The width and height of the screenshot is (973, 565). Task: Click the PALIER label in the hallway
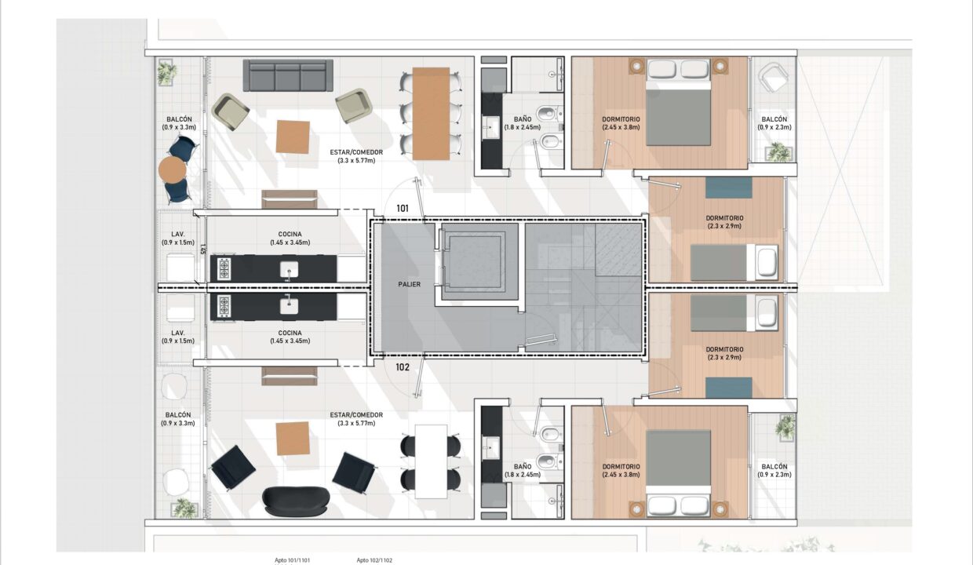point(409,284)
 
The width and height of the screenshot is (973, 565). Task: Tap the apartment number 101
point(403,209)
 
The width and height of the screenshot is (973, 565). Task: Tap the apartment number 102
point(403,367)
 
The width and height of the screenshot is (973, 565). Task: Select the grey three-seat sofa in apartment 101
point(288,75)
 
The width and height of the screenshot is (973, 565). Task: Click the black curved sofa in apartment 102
point(297,501)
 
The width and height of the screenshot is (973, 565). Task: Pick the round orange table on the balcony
point(173,169)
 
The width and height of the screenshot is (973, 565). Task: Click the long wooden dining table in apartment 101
point(431,114)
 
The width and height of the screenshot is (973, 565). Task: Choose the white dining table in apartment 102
point(431,461)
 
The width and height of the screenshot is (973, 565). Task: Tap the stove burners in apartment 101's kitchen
point(224,269)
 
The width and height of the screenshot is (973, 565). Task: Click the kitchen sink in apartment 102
point(289,306)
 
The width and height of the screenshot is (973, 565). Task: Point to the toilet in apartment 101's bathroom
point(549,114)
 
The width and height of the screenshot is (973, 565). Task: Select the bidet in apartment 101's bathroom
point(550,141)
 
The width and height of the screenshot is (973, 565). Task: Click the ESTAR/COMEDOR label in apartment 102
point(356,419)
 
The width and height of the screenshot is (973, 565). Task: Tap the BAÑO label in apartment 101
point(522,123)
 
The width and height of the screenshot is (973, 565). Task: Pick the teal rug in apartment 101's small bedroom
point(728,188)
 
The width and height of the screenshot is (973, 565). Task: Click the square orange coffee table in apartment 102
point(293,439)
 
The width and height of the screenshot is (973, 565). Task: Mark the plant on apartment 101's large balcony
point(167,72)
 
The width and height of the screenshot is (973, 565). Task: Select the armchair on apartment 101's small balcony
point(773,78)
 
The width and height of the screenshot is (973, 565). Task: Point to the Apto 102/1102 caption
point(374,560)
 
